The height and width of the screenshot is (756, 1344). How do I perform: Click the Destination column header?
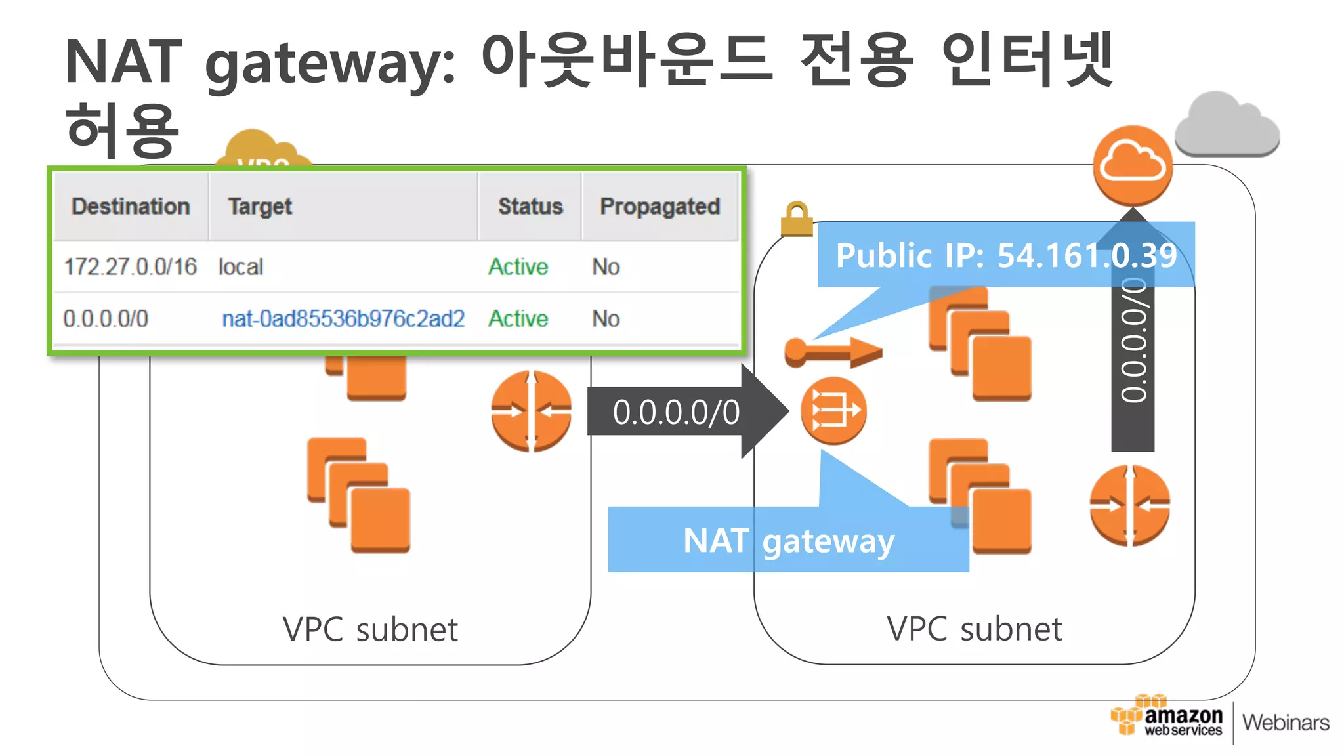point(131,206)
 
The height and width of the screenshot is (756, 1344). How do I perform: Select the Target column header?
point(260,206)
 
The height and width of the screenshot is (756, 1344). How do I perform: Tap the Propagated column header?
point(660,206)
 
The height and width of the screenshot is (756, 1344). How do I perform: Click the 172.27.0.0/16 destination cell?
point(130,266)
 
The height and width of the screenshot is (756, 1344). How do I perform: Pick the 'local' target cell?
point(240,266)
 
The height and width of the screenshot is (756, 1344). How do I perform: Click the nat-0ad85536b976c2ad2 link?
point(343,318)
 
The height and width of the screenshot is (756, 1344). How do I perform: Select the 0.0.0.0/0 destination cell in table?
point(106,318)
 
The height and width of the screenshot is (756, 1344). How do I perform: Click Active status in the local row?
point(518,266)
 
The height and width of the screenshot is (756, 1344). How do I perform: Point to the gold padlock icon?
point(796,219)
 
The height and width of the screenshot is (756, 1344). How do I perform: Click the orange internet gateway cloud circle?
point(1132,165)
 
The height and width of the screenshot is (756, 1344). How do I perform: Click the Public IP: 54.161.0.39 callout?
point(1005,255)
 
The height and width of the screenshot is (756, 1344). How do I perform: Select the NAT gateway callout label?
point(788,541)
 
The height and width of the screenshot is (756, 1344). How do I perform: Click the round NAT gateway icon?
point(833,411)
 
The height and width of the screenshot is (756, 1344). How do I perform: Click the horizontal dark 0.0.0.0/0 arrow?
point(676,412)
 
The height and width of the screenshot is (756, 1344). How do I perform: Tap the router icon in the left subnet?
point(531,411)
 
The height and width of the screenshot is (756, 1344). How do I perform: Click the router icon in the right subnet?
point(1129,505)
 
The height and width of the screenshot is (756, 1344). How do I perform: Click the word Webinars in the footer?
point(1286,723)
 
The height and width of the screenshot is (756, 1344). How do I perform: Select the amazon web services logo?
point(1167,719)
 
